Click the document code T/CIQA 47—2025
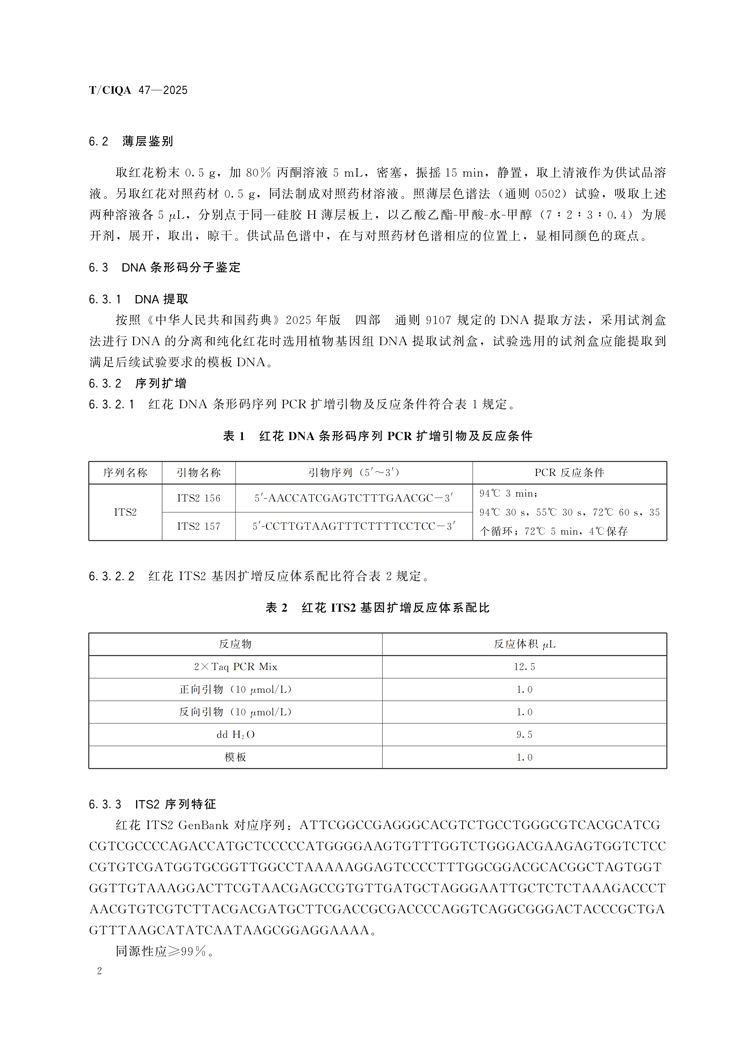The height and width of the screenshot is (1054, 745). [x=138, y=90]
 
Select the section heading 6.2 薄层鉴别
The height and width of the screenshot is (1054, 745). [x=131, y=141]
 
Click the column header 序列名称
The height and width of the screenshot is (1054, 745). [x=125, y=472]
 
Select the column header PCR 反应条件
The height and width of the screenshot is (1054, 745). [x=569, y=472]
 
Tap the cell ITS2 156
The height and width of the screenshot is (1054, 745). [x=199, y=498]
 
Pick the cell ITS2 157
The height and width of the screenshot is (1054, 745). [x=199, y=526]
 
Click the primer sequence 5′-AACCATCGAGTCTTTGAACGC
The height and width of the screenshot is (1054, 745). [x=353, y=498]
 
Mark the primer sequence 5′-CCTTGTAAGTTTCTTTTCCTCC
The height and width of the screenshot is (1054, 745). [x=353, y=526]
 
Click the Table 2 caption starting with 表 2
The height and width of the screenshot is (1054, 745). [x=377, y=608]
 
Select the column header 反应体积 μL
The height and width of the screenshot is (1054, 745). [x=524, y=644]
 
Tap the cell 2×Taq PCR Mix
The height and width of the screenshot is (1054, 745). [x=236, y=667]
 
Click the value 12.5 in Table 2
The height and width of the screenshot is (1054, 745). [x=524, y=667]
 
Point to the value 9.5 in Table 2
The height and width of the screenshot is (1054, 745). [x=524, y=735]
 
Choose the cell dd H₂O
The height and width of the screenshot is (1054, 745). [x=236, y=735]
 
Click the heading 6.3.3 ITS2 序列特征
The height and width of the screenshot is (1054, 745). [x=152, y=804]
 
